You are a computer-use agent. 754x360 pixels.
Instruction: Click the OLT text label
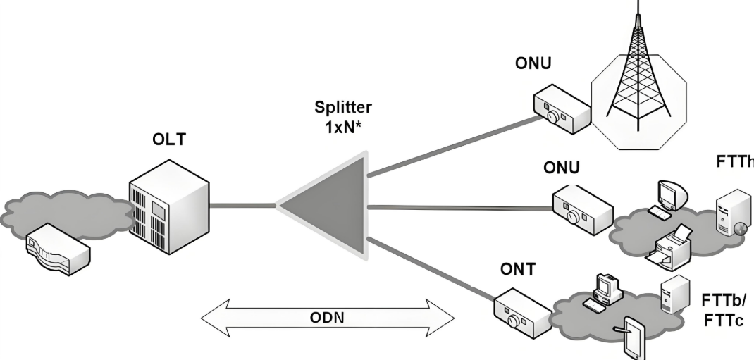click(169, 140)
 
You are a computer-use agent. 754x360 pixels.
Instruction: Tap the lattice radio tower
click(638, 77)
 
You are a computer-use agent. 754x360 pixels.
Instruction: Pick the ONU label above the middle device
click(561, 168)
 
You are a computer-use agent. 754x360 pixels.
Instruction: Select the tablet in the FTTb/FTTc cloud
click(631, 340)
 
